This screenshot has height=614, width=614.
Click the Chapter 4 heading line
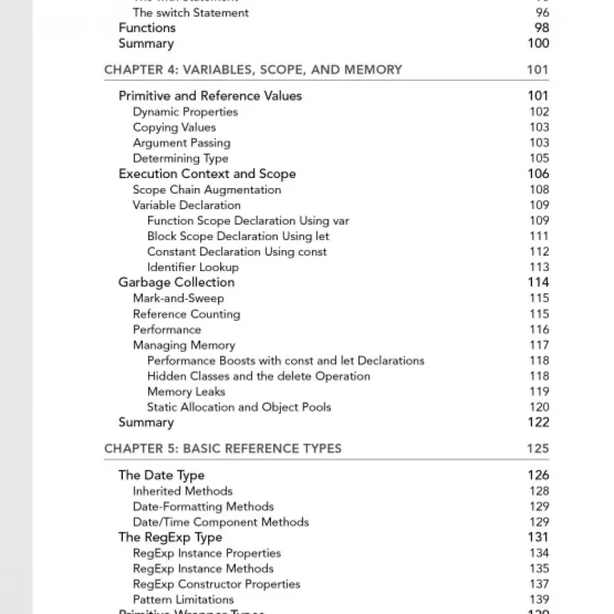253,70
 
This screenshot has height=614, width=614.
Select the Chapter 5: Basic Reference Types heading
223,449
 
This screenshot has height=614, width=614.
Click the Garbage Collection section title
177,282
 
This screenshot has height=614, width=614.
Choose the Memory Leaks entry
187,391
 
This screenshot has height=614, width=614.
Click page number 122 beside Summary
538,422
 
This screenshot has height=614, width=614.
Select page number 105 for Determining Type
539,158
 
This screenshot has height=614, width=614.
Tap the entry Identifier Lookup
193,267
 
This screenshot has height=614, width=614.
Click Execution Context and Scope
206,174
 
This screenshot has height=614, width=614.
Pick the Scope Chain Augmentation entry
206,190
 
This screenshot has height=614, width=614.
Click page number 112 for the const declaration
539,252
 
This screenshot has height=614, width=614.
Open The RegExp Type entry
170,537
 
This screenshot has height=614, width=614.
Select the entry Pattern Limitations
183,599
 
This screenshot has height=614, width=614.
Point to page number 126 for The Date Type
538,475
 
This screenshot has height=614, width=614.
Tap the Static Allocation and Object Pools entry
239,407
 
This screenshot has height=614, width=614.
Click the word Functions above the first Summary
147,28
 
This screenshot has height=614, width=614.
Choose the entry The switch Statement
190,12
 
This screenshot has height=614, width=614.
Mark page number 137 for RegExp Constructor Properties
539,584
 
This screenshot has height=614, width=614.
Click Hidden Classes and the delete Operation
259,376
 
